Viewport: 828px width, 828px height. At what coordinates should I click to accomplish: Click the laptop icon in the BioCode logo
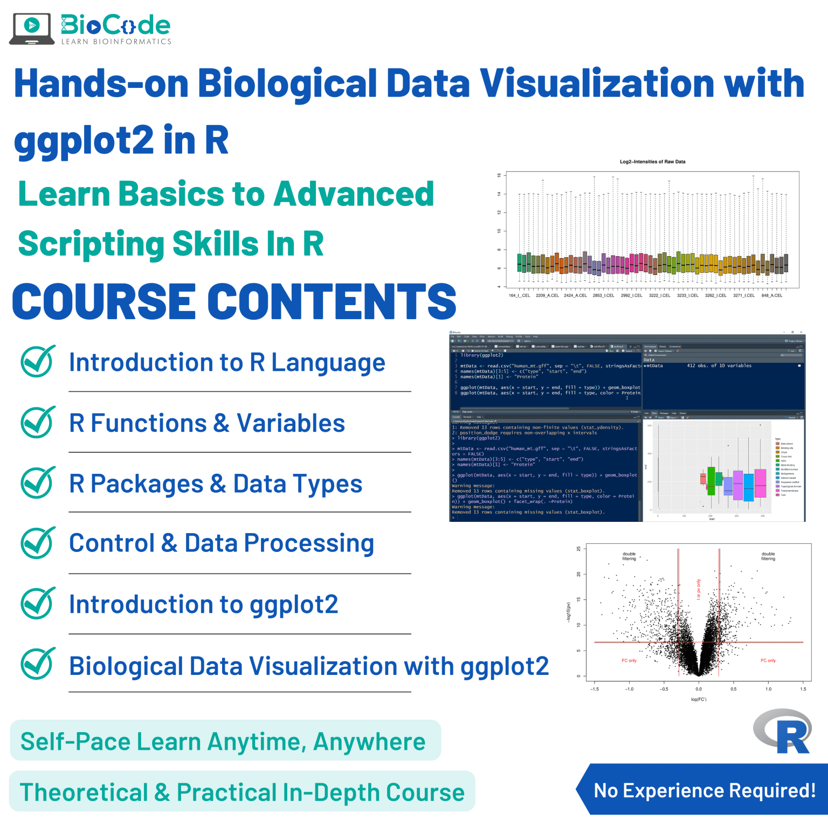click(x=32, y=29)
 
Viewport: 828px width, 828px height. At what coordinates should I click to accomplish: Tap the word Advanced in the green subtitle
click(x=354, y=194)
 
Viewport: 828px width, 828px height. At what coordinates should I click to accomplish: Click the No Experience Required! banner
click(x=704, y=790)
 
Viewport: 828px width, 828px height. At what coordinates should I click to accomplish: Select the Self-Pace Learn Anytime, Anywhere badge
click(x=223, y=741)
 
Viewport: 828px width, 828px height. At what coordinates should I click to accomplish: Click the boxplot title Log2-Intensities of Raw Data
click(x=652, y=162)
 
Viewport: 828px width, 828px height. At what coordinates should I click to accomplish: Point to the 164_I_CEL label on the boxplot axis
click(x=519, y=295)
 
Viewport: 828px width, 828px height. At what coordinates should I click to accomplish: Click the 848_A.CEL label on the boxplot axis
click(x=771, y=295)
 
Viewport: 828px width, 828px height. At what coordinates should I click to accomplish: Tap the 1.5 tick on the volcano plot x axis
click(x=803, y=689)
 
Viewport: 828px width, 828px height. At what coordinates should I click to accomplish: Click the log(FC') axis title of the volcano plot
click(x=698, y=699)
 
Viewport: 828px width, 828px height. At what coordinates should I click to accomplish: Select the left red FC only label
click(x=629, y=660)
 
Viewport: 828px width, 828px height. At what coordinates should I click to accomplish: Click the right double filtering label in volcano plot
click(x=768, y=556)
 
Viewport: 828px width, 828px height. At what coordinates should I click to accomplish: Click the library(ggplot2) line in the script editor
click(x=481, y=355)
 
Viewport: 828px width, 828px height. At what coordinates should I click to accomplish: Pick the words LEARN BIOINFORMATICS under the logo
click(x=116, y=42)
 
